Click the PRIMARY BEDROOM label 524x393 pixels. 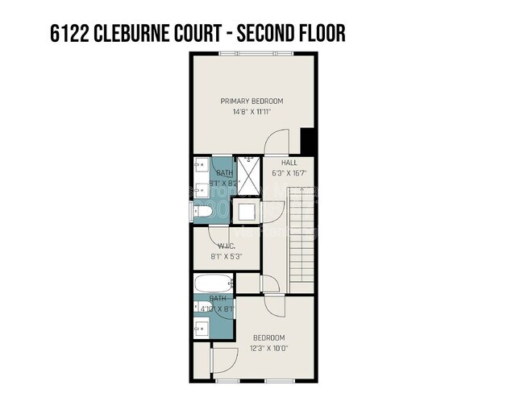[252, 101]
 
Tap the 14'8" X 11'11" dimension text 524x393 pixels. [252, 112]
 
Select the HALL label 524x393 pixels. [289, 162]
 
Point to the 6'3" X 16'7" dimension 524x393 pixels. [289, 172]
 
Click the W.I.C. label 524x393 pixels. [226, 246]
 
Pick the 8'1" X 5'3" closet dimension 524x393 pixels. [226, 257]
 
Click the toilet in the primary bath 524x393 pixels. [204, 211]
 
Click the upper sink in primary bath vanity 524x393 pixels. [200, 168]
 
